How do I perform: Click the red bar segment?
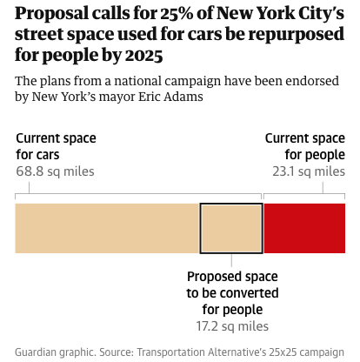coord(303,229)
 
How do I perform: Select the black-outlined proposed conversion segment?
coord(231,229)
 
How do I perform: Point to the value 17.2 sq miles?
coord(230,325)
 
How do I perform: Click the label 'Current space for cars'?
coord(56,146)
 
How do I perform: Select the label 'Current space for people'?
coord(304,146)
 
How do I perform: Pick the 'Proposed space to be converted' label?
coord(230,292)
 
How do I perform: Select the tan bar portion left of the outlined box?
coord(107,229)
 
